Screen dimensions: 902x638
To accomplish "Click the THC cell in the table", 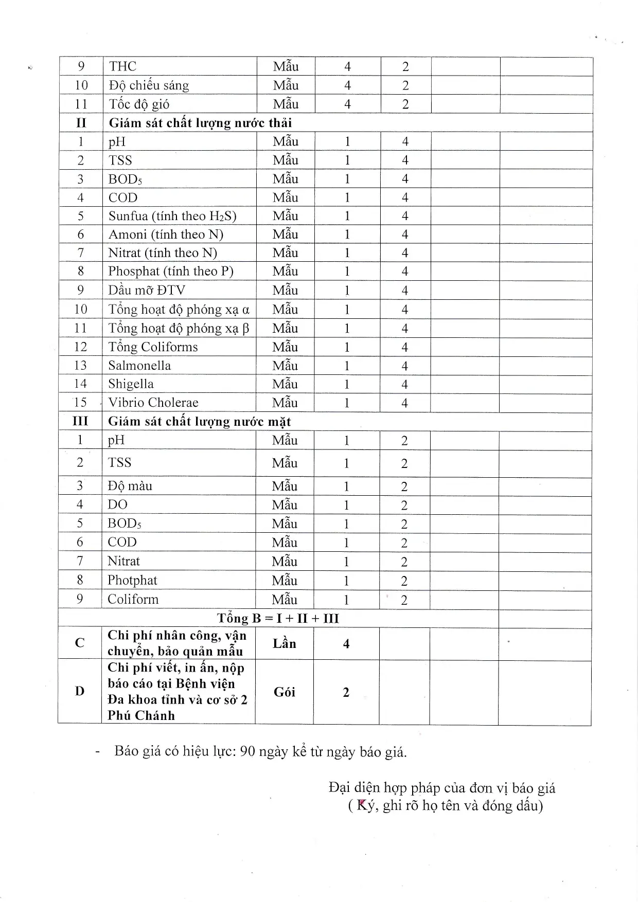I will pyautogui.click(x=122, y=66).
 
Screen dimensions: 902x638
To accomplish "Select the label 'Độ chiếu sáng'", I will pyautogui.click(x=149, y=85).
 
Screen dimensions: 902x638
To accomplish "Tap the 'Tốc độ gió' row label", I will pyautogui.click(x=139, y=104).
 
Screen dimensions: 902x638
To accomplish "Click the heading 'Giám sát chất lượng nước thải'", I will pyautogui.click(x=200, y=123).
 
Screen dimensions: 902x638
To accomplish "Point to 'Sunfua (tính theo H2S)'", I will pyautogui.click(x=172, y=216).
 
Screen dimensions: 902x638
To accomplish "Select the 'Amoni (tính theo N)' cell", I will pyautogui.click(x=166, y=234).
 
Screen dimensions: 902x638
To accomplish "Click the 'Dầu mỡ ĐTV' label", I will pyautogui.click(x=147, y=290).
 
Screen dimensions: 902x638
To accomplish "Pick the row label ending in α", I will pyautogui.click(x=179, y=310).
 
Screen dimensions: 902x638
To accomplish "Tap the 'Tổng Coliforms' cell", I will pyautogui.click(x=153, y=347).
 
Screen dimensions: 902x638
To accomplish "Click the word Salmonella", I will pyautogui.click(x=139, y=366).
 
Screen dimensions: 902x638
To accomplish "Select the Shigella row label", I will pyautogui.click(x=131, y=384).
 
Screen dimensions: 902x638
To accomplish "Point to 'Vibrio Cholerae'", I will pyautogui.click(x=153, y=403).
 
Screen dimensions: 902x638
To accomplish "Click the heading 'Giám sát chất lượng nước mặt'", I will pyautogui.click(x=199, y=422).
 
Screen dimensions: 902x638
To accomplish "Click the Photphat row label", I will pyautogui.click(x=132, y=581).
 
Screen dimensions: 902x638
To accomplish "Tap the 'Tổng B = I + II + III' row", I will pyautogui.click(x=278, y=618).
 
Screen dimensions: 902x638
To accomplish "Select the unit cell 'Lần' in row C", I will pyautogui.click(x=284, y=644).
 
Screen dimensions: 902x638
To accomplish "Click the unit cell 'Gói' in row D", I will pyautogui.click(x=284, y=692).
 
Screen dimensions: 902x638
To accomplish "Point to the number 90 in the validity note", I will pyautogui.click(x=247, y=751).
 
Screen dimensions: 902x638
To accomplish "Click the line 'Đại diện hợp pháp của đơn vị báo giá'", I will pyautogui.click(x=442, y=788).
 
